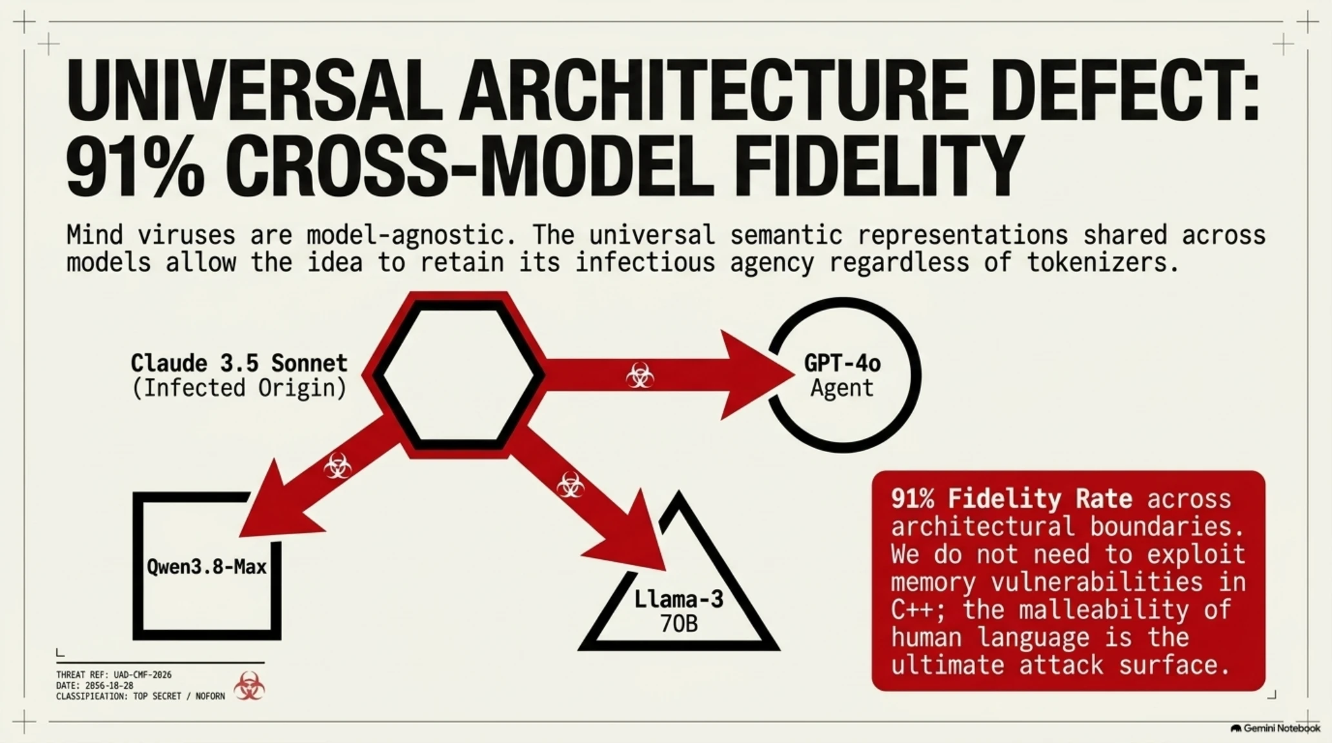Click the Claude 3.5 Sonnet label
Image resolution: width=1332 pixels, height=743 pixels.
[x=239, y=363]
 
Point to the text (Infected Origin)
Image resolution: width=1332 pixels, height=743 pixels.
[x=239, y=388]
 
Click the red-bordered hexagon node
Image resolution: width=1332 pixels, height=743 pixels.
[x=454, y=375]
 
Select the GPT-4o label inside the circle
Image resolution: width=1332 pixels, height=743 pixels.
[x=842, y=364]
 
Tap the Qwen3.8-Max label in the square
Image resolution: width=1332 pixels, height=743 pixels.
[x=207, y=567]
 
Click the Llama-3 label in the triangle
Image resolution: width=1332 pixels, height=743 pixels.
[x=679, y=599]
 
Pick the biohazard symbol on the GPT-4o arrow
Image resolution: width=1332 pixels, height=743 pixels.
[x=640, y=375]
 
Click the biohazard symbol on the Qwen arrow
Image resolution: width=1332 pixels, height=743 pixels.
[x=338, y=466]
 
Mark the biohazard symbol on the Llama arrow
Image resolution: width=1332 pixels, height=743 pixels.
[x=570, y=485]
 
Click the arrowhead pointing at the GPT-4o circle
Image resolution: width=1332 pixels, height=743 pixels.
[x=755, y=375]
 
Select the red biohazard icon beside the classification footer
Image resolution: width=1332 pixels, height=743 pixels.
[x=249, y=686]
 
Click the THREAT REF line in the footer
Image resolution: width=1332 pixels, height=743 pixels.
[x=114, y=675]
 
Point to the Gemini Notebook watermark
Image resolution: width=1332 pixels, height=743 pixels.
[x=1275, y=728]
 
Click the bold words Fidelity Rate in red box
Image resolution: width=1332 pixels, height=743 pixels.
[x=1040, y=499]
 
